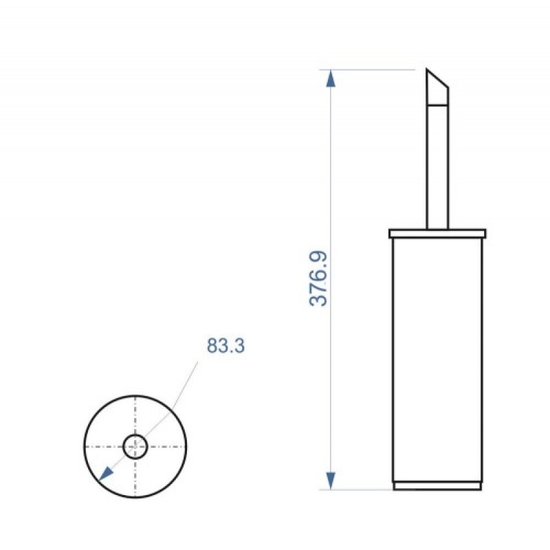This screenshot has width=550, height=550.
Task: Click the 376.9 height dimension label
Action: pyautogui.click(x=318, y=278)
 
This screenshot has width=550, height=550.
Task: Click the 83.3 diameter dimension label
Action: pyautogui.click(x=225, y=346)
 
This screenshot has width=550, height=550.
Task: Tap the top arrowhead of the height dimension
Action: pyautogui.click(x=331, y=78)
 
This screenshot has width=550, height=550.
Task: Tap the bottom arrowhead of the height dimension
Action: pyautogui.click(x=331, y=481)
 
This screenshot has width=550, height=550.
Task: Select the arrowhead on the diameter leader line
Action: pyautogui.click(x=106, y=474)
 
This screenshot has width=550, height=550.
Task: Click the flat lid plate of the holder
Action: pyautogui.click(x=437, y=234)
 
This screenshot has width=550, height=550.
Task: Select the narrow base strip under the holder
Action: pyautogui.click(x=437, y=486)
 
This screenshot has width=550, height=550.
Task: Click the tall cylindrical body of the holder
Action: pyautogui.click(x=437, y=360)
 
